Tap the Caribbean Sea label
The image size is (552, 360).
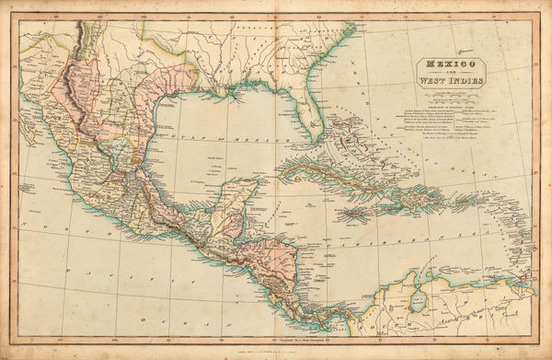(419, 247)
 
